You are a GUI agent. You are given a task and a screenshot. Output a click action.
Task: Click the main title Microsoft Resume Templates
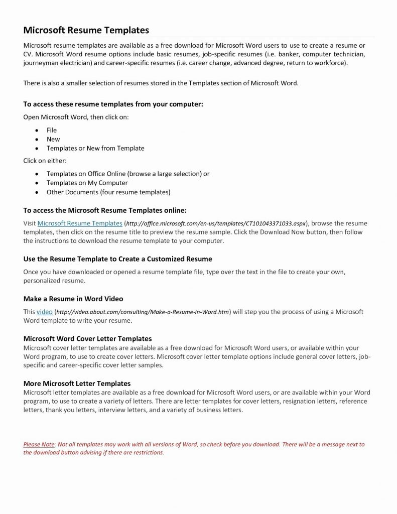pos(86,30)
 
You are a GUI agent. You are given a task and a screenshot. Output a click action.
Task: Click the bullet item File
pos(52,130)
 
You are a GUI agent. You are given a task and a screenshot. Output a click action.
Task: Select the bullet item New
pos(53,139)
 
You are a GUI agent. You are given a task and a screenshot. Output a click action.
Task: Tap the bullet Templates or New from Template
pos(95,148)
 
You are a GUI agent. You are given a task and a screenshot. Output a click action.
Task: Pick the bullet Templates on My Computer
pos(87,183)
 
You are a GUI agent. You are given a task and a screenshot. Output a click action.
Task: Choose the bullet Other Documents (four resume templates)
pos(108,192)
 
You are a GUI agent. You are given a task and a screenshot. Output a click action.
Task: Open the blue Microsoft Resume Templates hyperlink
pos(80,223)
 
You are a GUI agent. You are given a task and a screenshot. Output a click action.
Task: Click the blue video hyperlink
pos(45,312)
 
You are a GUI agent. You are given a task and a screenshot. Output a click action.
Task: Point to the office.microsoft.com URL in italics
pos(216,223)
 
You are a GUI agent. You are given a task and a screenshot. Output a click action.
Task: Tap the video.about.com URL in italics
pos(142,312)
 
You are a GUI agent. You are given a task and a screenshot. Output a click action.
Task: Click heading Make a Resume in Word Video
pos(73,299)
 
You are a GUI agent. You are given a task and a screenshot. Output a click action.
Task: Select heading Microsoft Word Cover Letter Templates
pos(88,339)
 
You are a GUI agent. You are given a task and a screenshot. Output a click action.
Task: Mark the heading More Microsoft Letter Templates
pos(77,383)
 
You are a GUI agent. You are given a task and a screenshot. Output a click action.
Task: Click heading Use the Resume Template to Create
pos(118,259)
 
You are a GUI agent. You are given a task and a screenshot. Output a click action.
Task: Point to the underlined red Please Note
pos(39,444)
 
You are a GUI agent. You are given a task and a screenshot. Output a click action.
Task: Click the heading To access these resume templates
pos(113,104)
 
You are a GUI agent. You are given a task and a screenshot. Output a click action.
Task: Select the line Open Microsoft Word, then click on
pos(79,116)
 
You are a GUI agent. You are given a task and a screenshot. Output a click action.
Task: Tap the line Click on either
pos(45,161)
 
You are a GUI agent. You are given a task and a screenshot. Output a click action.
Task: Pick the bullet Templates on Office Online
pos(128,174)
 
